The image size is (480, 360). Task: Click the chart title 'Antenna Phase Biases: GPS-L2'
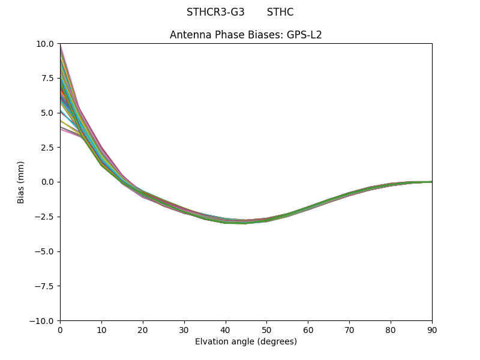click(246, 35)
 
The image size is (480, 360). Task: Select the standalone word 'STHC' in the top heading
click(280, 12)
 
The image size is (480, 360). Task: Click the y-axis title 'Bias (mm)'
click(21, 182)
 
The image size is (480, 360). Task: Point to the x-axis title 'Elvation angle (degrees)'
click(246, 342)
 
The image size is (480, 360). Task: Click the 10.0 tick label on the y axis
click(46, 43)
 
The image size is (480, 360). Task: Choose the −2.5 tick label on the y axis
click(46, 217)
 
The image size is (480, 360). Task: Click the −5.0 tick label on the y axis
click(46, 251)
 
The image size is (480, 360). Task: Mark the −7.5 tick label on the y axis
click(46, 286)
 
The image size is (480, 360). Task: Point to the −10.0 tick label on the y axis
click(43, 320)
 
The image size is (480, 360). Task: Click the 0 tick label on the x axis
click(60, 330)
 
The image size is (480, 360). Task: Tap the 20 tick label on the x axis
click(143, 330)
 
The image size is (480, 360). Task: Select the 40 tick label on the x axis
click(226, 330)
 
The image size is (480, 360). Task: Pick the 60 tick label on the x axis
click(308, 330)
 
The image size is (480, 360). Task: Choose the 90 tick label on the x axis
click(432, 330)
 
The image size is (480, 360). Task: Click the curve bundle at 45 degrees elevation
click(246, 221)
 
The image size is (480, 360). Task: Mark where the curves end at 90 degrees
click(431, 182)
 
